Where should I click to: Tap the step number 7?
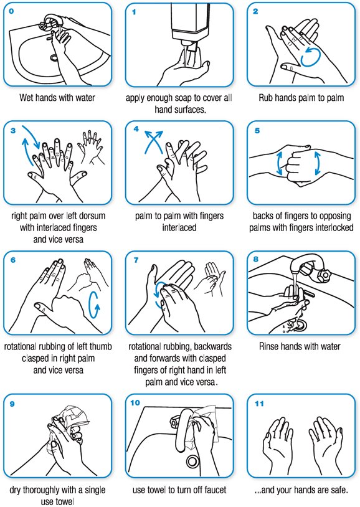(x=137, y=260)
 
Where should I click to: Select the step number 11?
(x=260, y=403)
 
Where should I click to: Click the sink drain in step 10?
(x=192, y=461)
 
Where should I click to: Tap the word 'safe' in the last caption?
(x=333, y=490)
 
